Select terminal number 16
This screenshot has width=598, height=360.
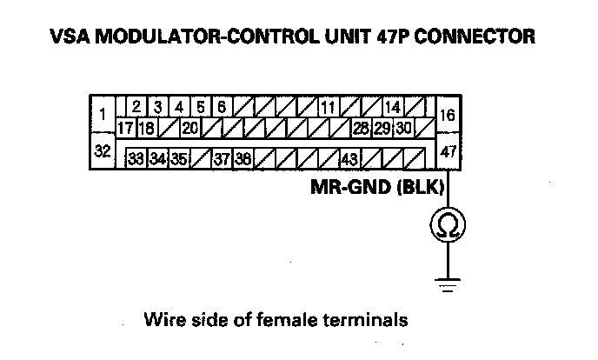click(x=448, y=115)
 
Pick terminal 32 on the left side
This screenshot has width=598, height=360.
click(x=103, y=151)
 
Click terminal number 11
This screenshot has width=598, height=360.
click(x=328, y=108)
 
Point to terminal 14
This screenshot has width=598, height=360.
click(x=392, y=108)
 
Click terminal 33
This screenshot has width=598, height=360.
click(x=136, y=160)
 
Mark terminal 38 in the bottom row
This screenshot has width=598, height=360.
click(x=243, y=160)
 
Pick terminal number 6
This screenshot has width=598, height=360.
click(x=222, y=108)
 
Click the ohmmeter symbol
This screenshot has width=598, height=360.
click(x=448, y=226)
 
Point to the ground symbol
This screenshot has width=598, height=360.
click(x=448, y=283)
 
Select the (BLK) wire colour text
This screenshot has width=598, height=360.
click(x=420, y=188)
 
